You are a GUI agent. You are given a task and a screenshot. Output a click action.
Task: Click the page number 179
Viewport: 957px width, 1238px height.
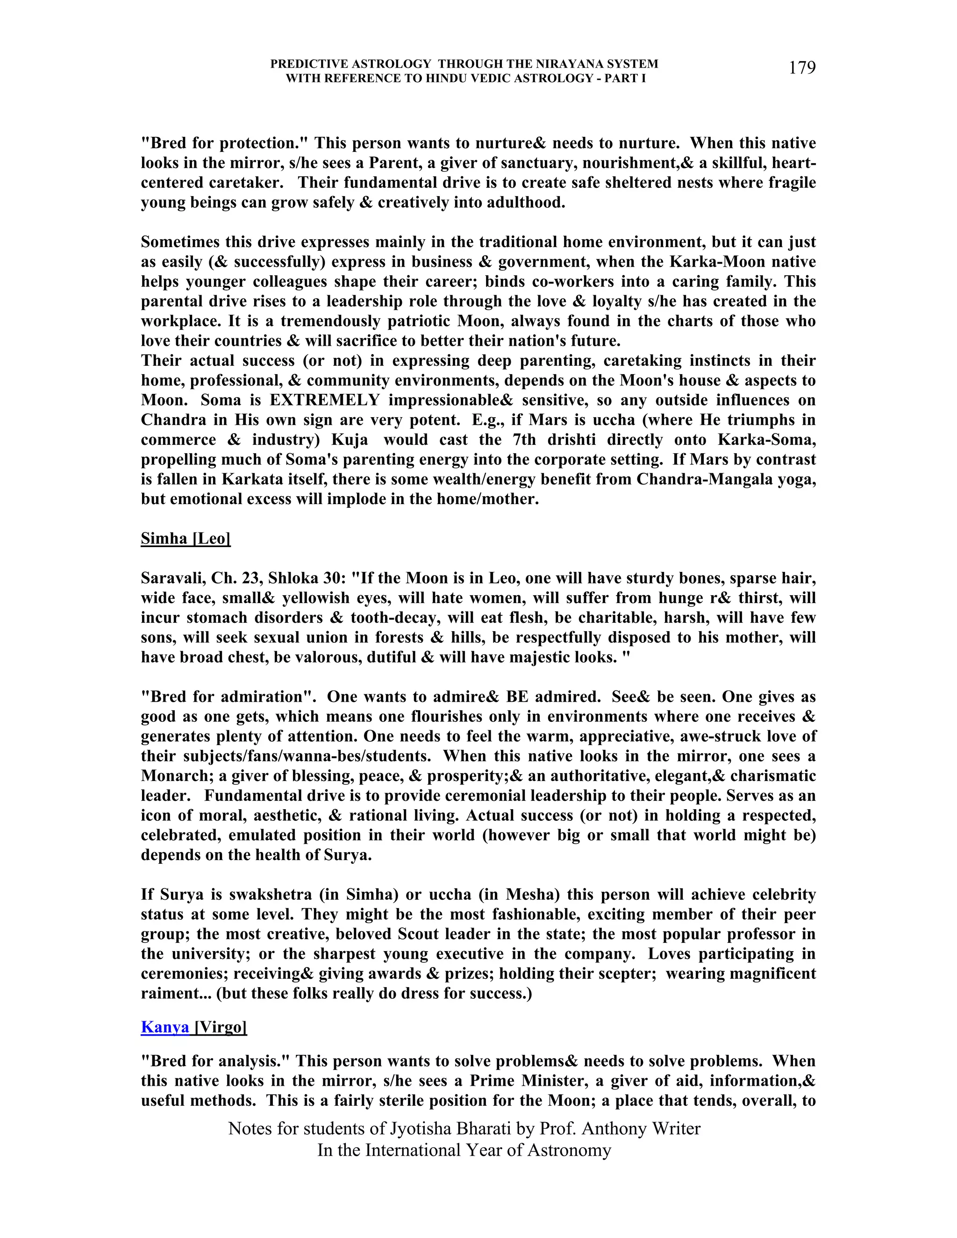[x=802, y=68]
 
